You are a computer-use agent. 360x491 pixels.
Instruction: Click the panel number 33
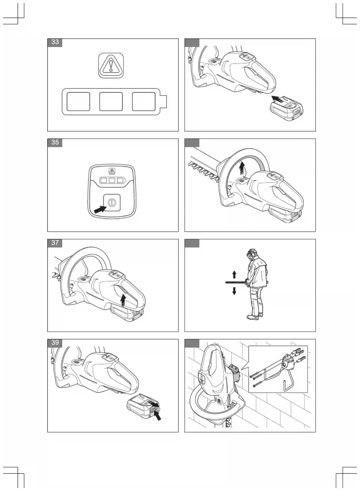pos(55,42)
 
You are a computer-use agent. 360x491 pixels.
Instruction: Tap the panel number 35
pos(55,142)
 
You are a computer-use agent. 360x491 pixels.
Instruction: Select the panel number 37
pos(55,243)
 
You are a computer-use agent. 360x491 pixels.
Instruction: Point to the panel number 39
pos(55,343)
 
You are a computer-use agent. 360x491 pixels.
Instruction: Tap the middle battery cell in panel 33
pos(111,101)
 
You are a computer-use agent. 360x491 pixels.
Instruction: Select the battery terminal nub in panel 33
pos(164,101)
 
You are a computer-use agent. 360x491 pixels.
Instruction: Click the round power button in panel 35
pos(111,203)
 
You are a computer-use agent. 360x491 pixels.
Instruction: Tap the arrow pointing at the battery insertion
pos(278,99)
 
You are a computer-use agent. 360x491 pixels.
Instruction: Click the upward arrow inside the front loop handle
pos(242,169)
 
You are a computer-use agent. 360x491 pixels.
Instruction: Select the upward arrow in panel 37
pos(123,301)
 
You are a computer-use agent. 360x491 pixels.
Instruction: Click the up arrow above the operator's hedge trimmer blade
pos(234,274)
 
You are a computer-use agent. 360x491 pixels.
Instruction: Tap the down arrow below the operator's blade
pos(234,291)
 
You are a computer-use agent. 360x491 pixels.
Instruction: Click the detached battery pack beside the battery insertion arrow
pos(287,108)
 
